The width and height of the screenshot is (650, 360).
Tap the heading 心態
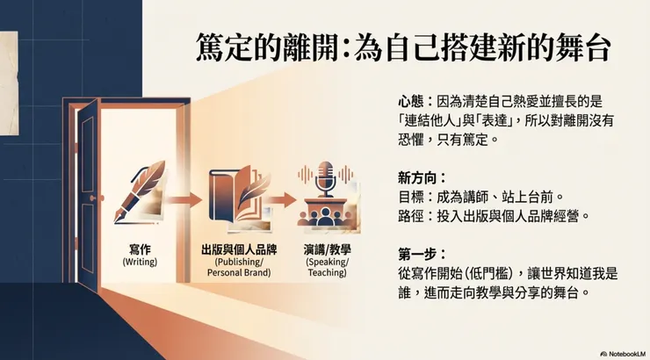[411, 102]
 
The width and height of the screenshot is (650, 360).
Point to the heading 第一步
[416, 254]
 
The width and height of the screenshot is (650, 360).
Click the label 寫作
[141, 248]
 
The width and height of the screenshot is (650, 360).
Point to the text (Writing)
[141, 261]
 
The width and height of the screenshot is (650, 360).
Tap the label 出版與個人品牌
[235, 248]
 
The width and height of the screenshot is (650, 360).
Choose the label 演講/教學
[326, 248]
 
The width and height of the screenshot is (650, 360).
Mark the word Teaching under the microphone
[326, 273]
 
